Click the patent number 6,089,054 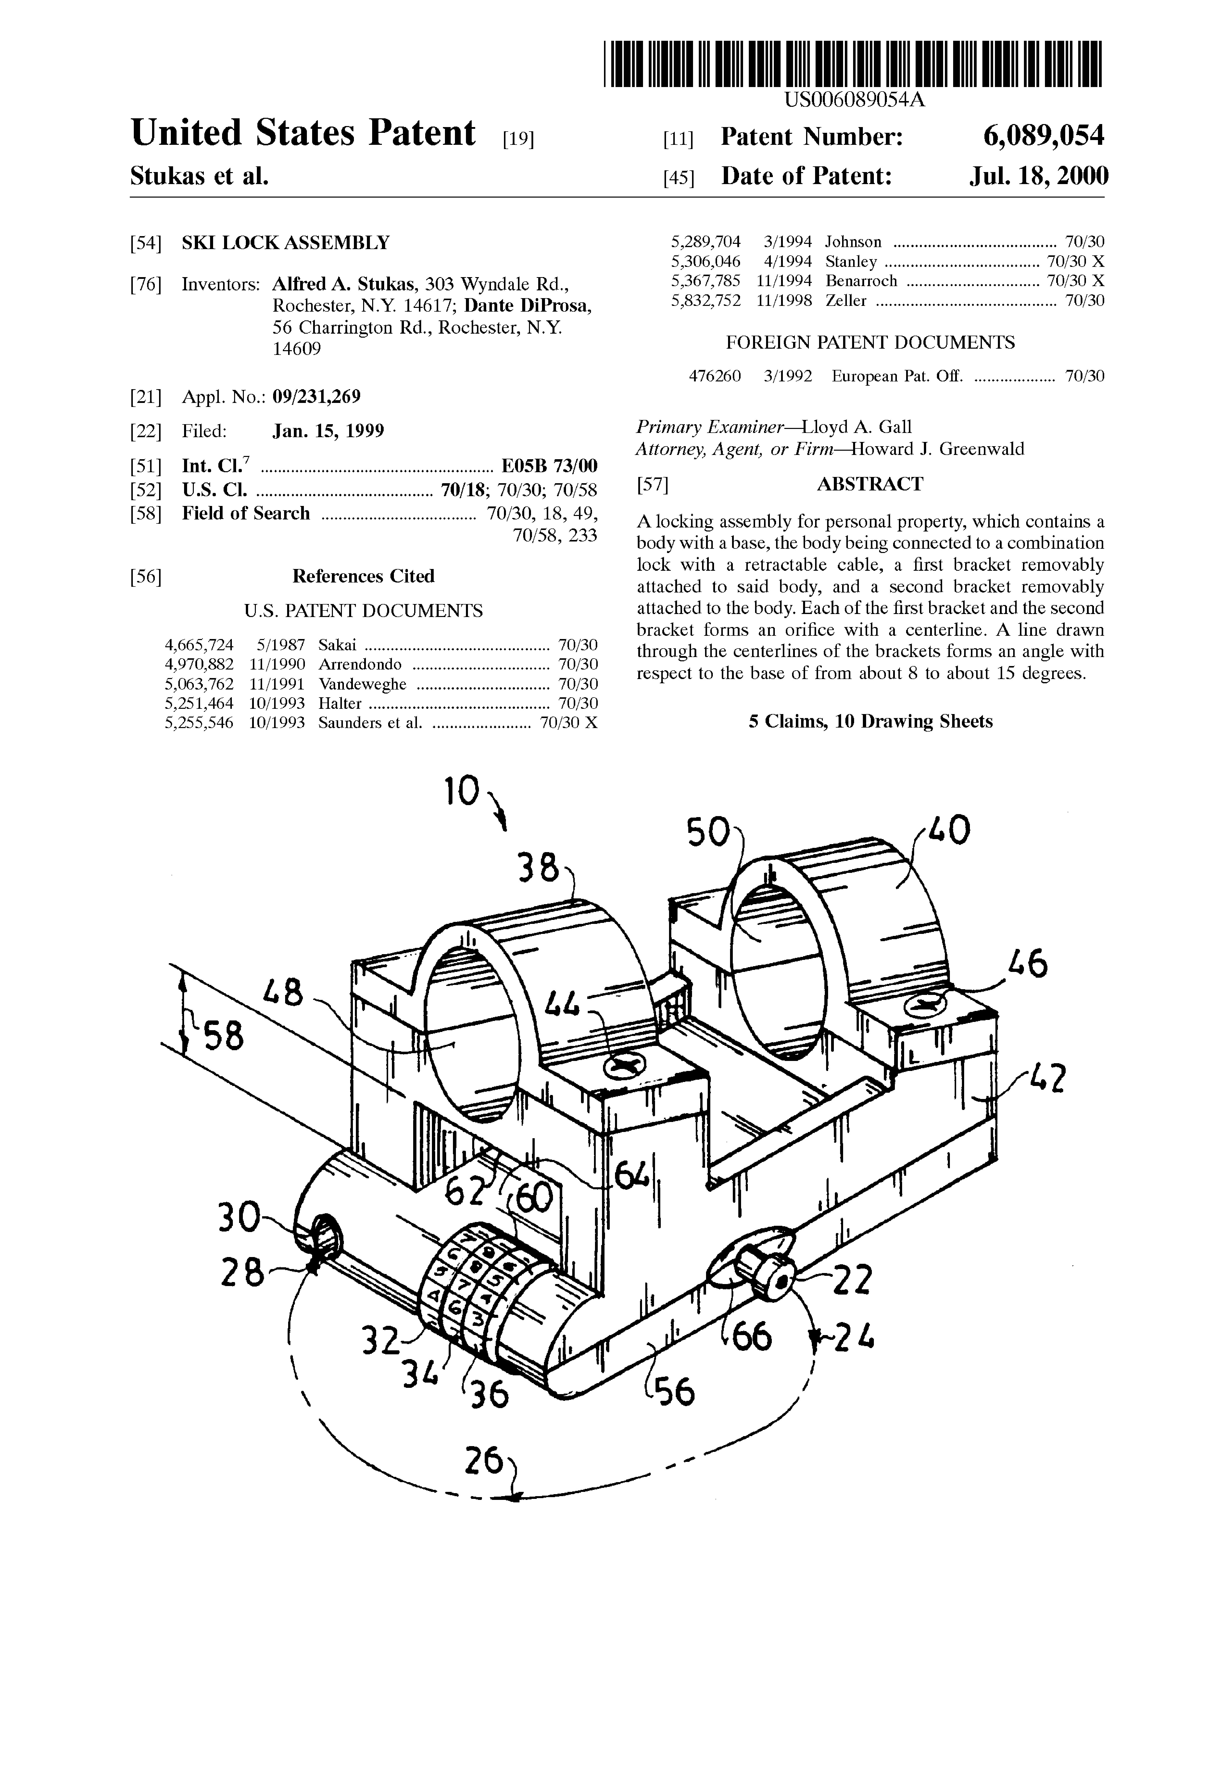[x=1044, y=137]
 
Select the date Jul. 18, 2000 [x=1039, y=177]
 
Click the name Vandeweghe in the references [x=362, y=684]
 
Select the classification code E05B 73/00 [x=549, y=465]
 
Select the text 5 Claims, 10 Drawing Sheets [x=870, y=721]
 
